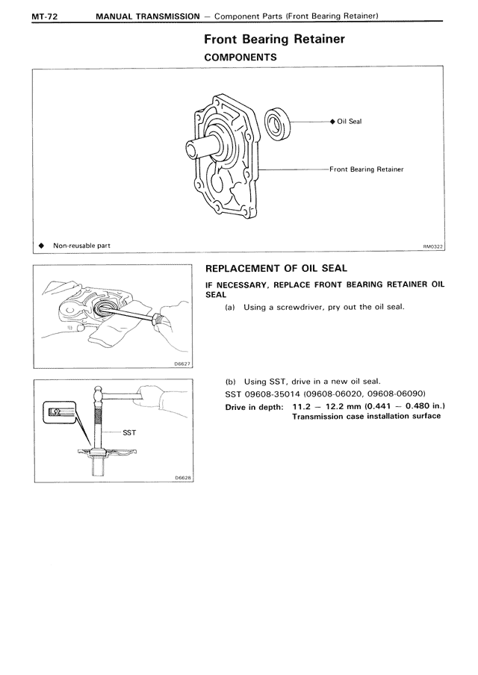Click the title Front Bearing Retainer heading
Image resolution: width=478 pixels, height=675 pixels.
(274, 40)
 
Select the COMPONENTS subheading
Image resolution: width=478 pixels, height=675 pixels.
(240, 57)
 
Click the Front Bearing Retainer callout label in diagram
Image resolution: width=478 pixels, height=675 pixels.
(367, 169)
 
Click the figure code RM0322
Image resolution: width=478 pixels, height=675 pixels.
(432, 246)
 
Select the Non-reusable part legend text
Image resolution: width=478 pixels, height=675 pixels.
(81, 246)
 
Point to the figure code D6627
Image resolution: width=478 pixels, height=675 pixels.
(182, 364)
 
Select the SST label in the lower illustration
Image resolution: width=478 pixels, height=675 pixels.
(128, 432)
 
